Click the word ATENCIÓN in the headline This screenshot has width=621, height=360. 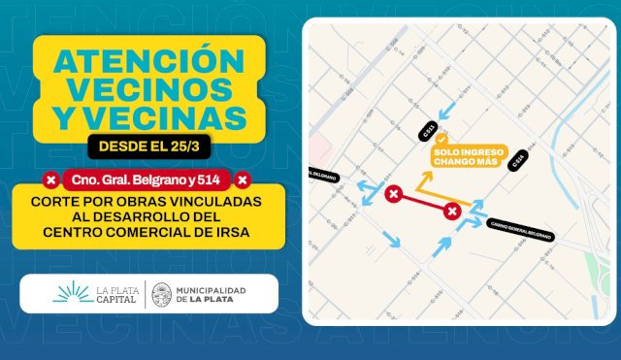(x=146, y=61)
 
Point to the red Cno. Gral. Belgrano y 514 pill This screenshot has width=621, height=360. (x=147, y=180)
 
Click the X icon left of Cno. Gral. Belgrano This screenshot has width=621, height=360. (x=49, y=180)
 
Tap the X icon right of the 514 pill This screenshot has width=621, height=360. (x=243, y=180)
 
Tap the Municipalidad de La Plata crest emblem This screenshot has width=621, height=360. (x=163, y=293)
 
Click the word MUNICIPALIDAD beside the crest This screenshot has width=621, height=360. (x=212, y=288)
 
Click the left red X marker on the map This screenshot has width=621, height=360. (x=393, y=195)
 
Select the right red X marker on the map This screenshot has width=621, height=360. (x=451, y=211)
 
